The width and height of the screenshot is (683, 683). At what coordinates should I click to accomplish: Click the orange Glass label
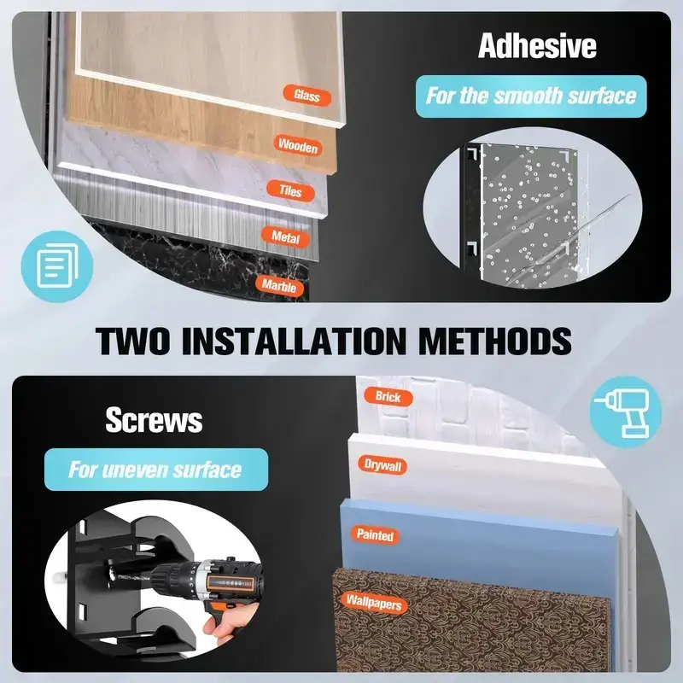[x=306, y=95]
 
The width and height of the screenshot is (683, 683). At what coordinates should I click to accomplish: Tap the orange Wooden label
[x=298, y=145]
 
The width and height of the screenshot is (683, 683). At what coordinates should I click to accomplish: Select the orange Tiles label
[x=290, y=190]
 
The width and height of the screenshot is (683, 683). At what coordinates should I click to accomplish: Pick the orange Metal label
[x=286, y=237]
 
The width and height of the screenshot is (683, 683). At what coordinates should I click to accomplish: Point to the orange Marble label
[x=279, y=286]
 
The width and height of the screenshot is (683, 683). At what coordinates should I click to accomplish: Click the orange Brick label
[x=388, y=397]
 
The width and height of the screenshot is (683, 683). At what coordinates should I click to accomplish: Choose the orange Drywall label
[x=382, y=465]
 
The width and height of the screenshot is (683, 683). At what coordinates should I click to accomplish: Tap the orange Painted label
[x=375, y=534]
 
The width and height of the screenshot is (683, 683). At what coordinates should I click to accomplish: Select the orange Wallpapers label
[x=374, y=603]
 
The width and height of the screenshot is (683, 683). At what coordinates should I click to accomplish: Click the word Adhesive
[x=537, y=46]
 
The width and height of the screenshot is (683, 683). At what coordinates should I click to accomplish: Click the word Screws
[x=154, y=420]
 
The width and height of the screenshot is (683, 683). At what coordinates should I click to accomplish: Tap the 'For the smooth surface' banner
[x=531, y=96]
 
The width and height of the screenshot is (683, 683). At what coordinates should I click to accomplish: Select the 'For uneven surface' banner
[x=156, y=470]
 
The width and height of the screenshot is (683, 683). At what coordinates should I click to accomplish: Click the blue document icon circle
[x=57, y=266]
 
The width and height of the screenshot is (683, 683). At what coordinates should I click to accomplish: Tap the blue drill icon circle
[x=626, y=412]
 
